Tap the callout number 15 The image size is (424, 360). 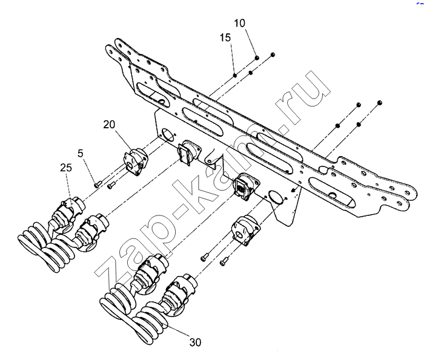coord(225,38)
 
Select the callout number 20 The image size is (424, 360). coord(109,125)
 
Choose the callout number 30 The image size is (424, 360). coord(195,342)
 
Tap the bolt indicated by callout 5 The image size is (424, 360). coord(96,182)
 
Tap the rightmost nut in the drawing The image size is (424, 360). coord(379,102)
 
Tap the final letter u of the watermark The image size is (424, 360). coord(312,85)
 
